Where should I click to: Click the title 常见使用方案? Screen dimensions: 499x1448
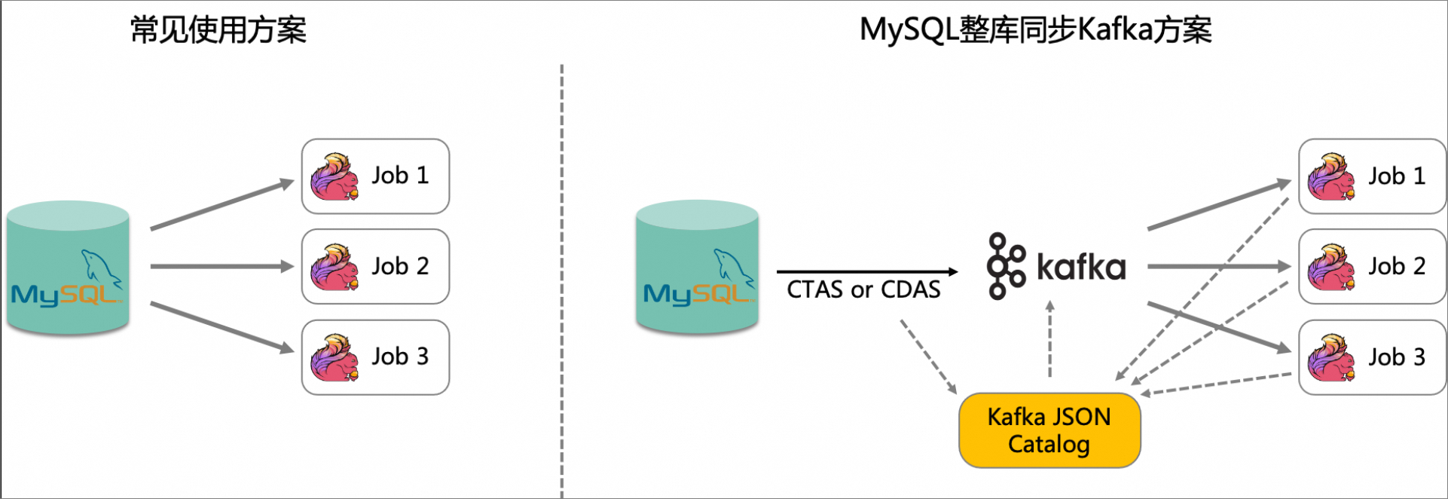tap(218, 31)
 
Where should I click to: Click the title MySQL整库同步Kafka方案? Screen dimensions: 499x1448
tap(1035, 31)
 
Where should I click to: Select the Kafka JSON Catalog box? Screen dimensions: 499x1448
tap(1049, 430)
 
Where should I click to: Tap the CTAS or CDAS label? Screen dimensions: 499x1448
tap(863, 289)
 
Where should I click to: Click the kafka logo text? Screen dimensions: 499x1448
tap(1080, 267)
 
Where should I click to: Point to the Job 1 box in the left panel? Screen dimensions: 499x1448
tap(375, 176)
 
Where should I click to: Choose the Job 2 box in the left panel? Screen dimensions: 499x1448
tap(375, 267)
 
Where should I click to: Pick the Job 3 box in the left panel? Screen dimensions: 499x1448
tap(375, 357)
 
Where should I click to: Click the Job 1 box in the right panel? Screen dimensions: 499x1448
tap(1372, 176)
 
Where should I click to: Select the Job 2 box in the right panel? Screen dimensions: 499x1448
tap(1372, 267)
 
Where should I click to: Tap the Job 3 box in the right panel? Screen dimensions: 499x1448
tap(1372, 357)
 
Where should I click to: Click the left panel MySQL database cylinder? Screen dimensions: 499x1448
tap(68, 268)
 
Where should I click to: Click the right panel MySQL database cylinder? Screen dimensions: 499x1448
tap(697, 268)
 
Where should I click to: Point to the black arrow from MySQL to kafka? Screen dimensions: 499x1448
tap(866, 271)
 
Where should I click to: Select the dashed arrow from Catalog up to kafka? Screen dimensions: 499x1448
tap(1049, 339)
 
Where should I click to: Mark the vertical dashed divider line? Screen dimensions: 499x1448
tap(561, 279)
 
